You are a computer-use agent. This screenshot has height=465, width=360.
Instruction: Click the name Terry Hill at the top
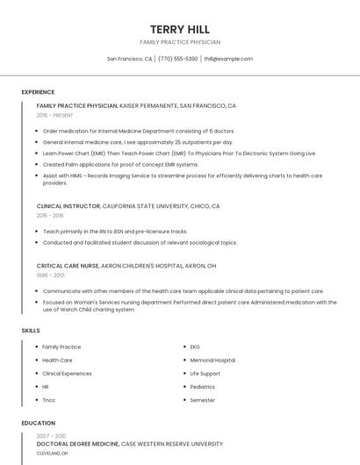click(179, 29)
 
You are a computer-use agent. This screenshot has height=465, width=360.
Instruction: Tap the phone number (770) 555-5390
click(178, 59)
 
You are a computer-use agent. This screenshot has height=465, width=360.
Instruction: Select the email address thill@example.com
click(228, 59)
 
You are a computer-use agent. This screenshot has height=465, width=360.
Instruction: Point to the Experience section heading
click(38, 92)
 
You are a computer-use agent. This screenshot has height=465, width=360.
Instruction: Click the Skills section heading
click(31, 330)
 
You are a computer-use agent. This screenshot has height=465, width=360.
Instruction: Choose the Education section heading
click(38, 423)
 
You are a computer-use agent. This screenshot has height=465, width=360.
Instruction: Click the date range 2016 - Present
click(55, 115)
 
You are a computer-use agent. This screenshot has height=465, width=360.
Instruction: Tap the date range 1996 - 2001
click(51, 275)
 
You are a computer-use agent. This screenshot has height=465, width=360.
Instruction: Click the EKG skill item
click(195, 347)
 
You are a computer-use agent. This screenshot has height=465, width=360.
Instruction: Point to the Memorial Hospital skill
click(212, 360)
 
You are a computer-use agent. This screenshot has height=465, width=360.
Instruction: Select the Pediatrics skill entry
click(202, 387)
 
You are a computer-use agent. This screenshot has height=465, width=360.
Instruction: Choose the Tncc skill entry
click(48, 400)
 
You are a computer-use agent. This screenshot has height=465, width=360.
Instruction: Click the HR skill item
click(46, 387)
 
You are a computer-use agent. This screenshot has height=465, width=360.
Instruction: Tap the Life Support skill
click(205, 374)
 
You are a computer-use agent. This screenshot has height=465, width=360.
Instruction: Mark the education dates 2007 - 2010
click(51, 435)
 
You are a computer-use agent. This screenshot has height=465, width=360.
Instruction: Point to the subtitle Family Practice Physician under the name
click(179, 42)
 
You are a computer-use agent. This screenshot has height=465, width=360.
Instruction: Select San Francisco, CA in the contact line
click(129, 59)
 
